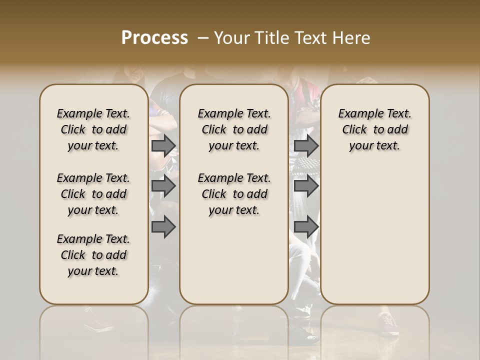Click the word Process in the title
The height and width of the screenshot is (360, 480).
click(x=154, y=37)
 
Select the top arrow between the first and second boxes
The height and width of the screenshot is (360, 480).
click(x=163, y=145)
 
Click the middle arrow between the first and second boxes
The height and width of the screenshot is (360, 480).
click(x=163, y=186)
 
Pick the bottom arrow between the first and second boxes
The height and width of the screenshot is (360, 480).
click(x=163, y=227)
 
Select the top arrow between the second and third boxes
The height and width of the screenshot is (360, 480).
click(x=306, y=145)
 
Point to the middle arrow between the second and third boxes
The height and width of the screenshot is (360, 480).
click(x=306, y=186)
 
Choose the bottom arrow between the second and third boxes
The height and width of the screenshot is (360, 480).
click(x=306, y=227)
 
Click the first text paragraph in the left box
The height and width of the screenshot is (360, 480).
click(x=93, y=129)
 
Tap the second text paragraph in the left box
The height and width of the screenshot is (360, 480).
click(x=93, y=194)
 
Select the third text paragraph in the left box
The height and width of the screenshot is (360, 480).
click(x=93, y=255)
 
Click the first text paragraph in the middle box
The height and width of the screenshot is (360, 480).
click(x=234, y=129)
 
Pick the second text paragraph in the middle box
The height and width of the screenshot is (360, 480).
click(x=234, y=194)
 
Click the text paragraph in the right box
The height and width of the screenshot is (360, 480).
click(x=374, y=129)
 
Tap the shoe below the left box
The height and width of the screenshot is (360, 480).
click(x=100, y=322)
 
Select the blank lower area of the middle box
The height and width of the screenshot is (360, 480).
click(x=234, y=260)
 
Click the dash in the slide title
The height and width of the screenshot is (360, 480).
click(x=202, y=37)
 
